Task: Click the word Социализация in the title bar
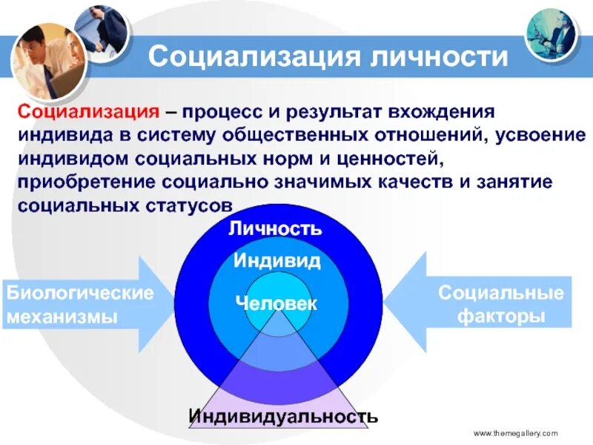click(x=250, y=57)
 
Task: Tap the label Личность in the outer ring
click(x=276, y=228)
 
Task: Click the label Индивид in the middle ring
click(x=276, y=260)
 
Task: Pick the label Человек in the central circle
click(x=276, y=303)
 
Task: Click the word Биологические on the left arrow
click(x=80, y=293)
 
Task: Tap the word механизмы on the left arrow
click(x=63, y=317)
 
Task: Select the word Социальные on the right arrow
click(x=500, y=292)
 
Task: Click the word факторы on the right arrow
click(x=500, y=316)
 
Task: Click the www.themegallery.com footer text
click(x=514, y=432)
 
